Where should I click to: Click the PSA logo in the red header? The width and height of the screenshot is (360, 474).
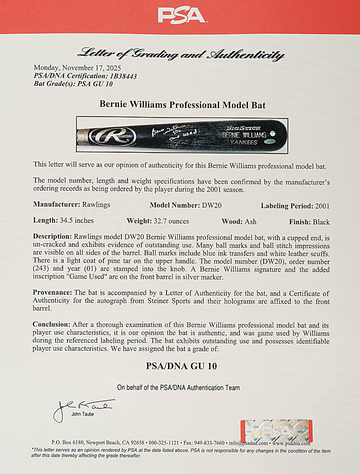[182, 15]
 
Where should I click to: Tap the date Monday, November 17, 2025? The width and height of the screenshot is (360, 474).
[77, 68]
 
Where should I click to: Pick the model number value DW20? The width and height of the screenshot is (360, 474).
[226, 206]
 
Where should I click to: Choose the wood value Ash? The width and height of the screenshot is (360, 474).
[250, 221]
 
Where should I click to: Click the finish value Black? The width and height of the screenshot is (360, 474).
[321, 221]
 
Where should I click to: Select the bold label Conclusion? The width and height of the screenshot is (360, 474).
[52, 324]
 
